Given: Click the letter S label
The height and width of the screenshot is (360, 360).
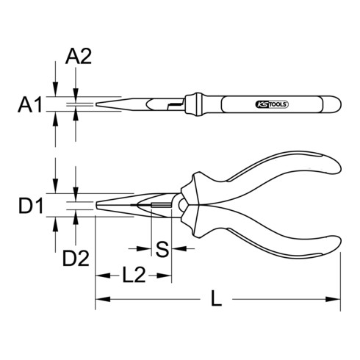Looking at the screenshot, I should (163, 251).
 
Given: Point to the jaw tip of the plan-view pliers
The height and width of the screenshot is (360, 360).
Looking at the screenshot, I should (98, 205).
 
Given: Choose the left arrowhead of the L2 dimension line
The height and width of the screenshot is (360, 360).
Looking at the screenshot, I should (99, 276).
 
